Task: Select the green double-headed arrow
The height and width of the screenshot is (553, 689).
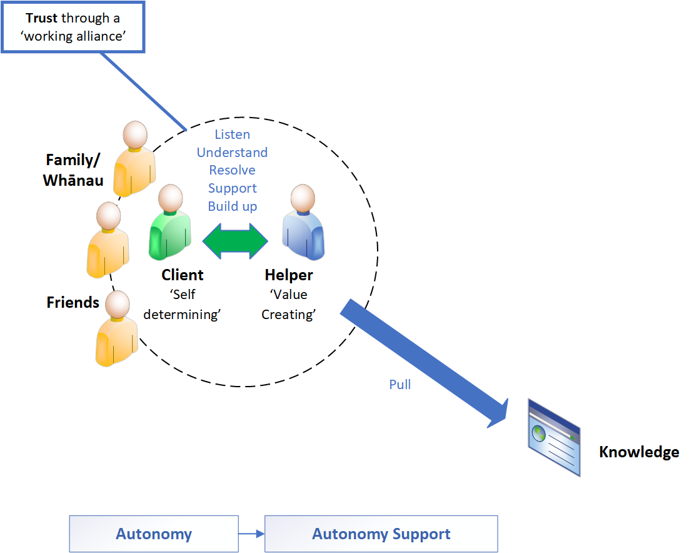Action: click(235, 241)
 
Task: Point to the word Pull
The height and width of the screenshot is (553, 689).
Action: click(400, 384)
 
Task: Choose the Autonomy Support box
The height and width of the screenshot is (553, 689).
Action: click(381, 534)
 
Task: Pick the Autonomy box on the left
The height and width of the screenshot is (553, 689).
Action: click(154, 534)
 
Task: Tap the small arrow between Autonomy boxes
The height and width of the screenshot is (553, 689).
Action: click(251, 534)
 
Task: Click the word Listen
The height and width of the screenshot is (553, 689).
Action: click(233, 134)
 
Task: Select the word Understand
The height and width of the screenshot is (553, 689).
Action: click(233, 153)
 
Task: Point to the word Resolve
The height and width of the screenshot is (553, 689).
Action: click(233, 170)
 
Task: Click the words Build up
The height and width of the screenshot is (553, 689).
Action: click(233, 206)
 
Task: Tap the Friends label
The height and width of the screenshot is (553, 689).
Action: click(73, 303)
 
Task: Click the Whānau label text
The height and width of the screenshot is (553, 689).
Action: click(73, 180)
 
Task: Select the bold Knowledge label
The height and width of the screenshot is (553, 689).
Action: click(639, 452)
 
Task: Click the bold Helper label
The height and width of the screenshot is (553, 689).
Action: click(289, 275)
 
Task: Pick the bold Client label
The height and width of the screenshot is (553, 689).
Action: click(183, 275)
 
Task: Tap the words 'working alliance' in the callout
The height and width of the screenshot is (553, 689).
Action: click(74, 36)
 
